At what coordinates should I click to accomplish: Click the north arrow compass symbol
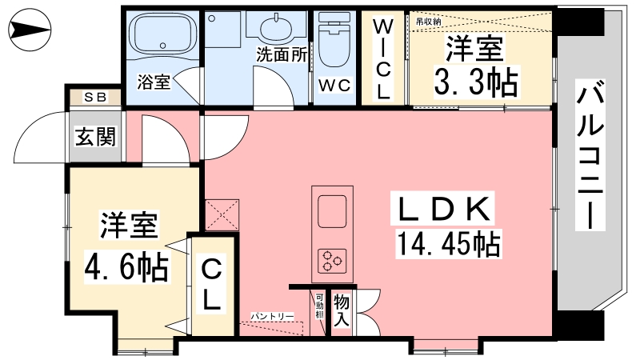pos(30,30)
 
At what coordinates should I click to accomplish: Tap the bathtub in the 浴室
pos(162,36)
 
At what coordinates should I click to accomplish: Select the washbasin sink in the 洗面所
pos(276,28)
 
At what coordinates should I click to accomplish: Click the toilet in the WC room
pos(334,39)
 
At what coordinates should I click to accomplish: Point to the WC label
pos(334,86)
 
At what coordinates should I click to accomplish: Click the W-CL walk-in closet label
pos(382,59)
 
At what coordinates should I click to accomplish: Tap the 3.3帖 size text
pos(475,82)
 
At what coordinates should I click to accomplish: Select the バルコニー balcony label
pos(590,155)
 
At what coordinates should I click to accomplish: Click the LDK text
pos(442,208)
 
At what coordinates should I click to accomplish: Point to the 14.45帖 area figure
pos(448,243)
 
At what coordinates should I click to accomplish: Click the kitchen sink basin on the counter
pos(332,211)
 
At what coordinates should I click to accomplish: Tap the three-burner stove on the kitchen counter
pos(332,261)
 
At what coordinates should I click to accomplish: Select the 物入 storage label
pos(342,310)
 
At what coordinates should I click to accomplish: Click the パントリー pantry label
pos(272,316)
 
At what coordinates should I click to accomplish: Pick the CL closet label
pos(211,286)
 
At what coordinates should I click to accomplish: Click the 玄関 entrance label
pos(95,136)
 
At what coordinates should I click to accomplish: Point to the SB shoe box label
pos(95,97)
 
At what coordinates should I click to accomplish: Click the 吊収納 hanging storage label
pos(428,22)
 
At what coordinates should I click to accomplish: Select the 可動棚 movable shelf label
pos(319,306)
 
